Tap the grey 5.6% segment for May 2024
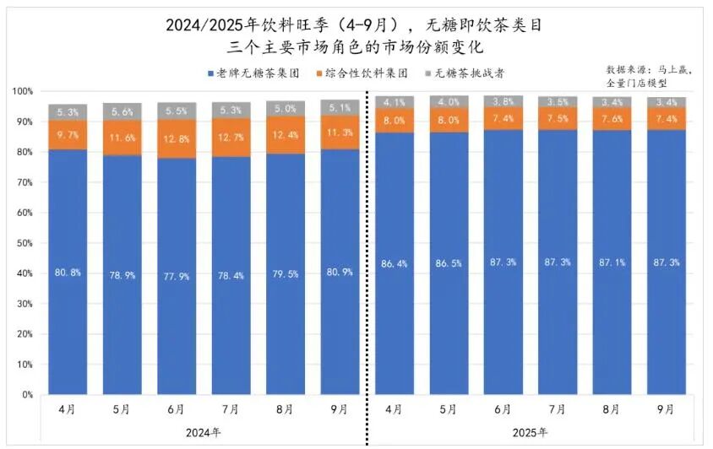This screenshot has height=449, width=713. [x=122, y=111]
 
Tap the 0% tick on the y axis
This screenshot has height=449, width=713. [x=25, y=394]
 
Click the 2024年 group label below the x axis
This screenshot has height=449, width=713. [x=203, y=433]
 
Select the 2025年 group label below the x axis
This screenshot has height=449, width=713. [x=530, y=433]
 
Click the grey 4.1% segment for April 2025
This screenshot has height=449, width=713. [x=395, y=102]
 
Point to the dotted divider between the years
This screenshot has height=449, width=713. [x=367, y=253]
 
